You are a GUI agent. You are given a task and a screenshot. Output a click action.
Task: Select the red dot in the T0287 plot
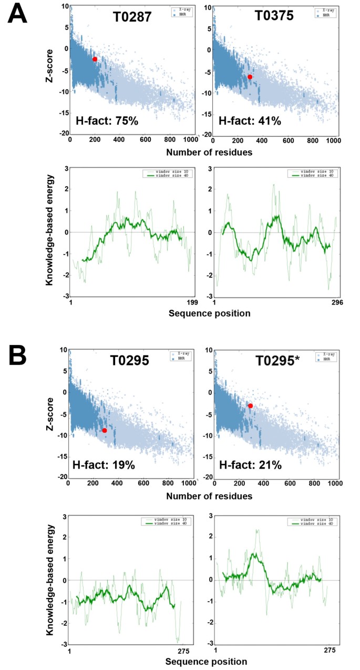95,59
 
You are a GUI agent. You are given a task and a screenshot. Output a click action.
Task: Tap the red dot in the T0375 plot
250,77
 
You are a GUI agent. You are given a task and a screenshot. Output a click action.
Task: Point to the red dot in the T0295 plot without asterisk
105,430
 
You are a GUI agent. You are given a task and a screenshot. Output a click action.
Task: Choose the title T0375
277,18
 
